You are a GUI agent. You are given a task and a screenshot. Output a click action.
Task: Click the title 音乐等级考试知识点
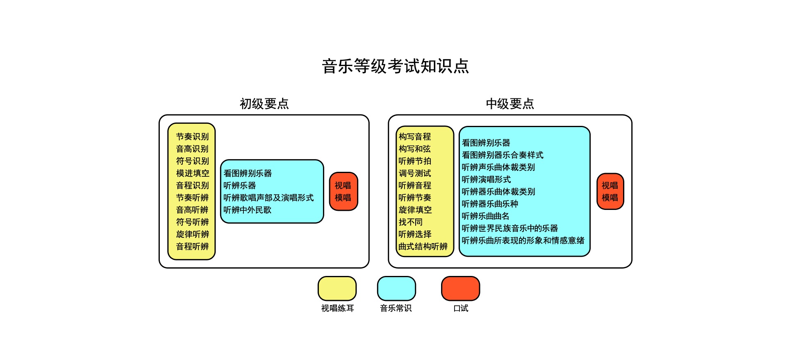pyautogui.click(x=396, y=66)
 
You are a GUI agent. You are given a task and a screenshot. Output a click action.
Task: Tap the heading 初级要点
pyautogui.click(x=264, y=104)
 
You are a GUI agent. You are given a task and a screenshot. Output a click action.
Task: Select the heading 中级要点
pyautogui.click(x=510, y=104)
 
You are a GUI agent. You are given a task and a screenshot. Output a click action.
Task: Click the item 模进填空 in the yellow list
pyautogui.click(x=193, y=173)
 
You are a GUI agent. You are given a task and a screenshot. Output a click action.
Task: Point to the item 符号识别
pyautogui.click(x=193, y=161)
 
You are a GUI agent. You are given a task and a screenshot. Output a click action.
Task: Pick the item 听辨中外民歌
pyautogui.click(x=248, y=210)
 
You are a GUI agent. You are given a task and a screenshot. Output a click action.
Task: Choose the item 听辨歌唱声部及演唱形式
pyautogui.click(x=268, y=198)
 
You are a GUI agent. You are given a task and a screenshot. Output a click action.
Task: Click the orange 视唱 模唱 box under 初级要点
pyautogui.click(x=343, y=191)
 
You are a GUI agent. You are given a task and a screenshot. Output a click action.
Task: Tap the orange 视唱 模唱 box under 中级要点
pyautogui.click(x=610, y=191)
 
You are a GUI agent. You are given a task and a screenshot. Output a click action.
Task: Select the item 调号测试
pyautogui.click(x=415, y=173)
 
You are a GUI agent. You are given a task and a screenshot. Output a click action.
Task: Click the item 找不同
pyautogui.click(x=411, y=222)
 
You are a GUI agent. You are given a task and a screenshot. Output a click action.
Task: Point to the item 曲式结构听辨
pyautogui.click(x=423, y=246)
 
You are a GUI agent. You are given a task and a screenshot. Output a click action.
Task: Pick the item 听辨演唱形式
pyautogui.click(x=486, y=180)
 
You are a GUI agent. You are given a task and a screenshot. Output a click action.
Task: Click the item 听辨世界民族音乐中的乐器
pyautogui.click(x=510, y=228)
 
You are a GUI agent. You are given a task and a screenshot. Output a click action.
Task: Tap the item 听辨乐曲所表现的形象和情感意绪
pyautogui.click(x=523, y=241)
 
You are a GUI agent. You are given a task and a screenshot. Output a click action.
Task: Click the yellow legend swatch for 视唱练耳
pyautogui.click(x=337, y=289)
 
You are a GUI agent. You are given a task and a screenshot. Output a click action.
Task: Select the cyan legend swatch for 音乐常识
pyautogui.click(x=396, y=289)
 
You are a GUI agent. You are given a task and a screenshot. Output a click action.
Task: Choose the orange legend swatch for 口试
pyautogui.click(x=461, y=289)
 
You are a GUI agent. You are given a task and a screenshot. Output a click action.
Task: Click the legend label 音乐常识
pyautogui.click(x=396, y=308)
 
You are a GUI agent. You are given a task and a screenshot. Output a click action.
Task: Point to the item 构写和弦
pyautogui.click(x=415, y=149)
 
